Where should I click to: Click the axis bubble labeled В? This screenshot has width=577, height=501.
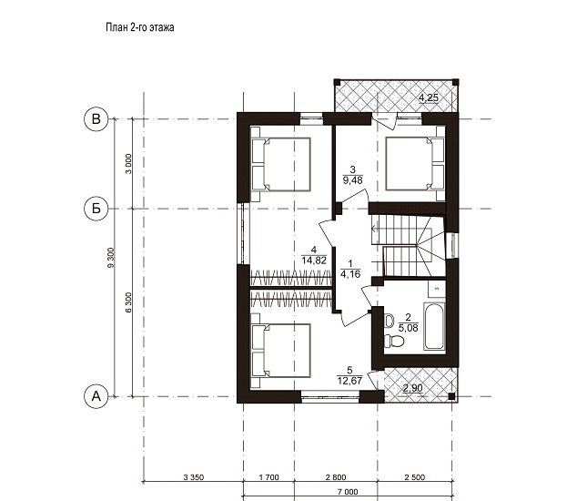click(96, 119)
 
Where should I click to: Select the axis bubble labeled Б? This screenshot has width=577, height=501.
click(96, 209)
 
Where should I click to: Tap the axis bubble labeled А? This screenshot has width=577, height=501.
click(96, 397)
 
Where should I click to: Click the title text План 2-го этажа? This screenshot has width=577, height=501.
click(140, 27)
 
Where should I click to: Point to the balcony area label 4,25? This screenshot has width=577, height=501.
click(429, 97)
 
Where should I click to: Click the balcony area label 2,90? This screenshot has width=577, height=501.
click(413, 388)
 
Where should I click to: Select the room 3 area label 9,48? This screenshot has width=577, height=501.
click(352, 180)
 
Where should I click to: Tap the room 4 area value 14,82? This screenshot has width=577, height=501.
click(314, 261)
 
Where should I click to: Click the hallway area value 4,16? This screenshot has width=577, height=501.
click(350, 273)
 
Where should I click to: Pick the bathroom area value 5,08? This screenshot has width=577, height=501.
click(408, 328)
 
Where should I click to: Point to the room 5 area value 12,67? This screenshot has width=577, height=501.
click(349, 380)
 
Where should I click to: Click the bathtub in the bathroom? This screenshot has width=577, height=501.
click(434, 326)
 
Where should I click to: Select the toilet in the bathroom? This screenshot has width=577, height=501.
click(393, 341)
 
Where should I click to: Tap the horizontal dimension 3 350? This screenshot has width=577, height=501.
click(193, 478)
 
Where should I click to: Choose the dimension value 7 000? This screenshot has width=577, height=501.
click(348, 492)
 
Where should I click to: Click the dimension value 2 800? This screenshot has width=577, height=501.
click(336, 478)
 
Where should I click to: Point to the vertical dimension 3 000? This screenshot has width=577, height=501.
click(128, 164)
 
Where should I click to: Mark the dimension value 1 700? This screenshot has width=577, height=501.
click(269, 478)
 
